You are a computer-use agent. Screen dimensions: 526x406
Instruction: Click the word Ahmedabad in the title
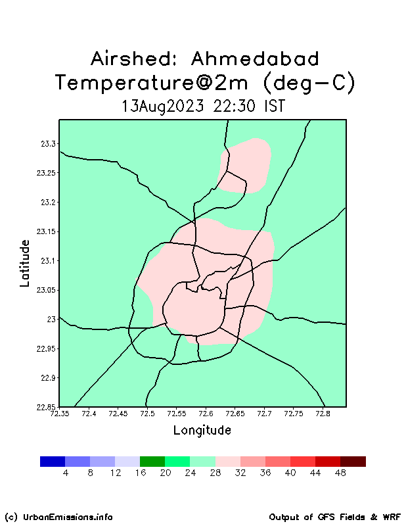click(x=255, y=59)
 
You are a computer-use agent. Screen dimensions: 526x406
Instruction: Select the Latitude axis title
click(x=25, y=263)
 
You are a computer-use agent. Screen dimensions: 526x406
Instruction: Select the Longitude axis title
click(x=202, y=431)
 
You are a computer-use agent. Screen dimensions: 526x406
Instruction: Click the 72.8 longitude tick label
click(x=323, y=414)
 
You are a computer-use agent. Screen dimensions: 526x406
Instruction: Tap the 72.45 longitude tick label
click(x=118, y=414)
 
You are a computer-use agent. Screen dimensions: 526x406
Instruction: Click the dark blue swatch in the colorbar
click(x=53, y=462)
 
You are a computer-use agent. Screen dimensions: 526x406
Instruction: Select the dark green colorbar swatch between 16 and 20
click(x=152, y=462)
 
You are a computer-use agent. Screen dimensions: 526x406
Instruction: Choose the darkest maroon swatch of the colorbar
click(x=353, y=462)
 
